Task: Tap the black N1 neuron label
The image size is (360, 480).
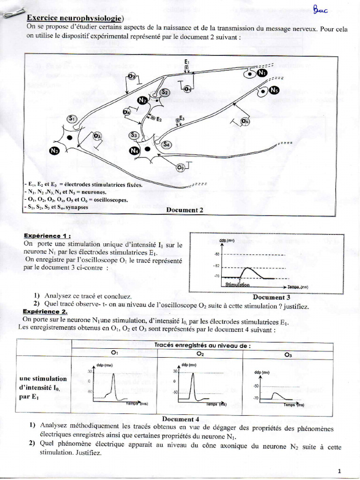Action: point(262,73)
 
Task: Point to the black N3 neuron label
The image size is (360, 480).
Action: point(54,151)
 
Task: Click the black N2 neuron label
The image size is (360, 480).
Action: point(143,100)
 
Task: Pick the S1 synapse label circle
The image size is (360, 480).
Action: point(73,119)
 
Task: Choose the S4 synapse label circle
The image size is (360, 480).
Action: point(166,145)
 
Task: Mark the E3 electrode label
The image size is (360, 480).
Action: point(182,119)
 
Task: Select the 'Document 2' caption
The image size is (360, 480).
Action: point(185,210)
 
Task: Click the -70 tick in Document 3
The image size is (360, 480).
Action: point(217,276)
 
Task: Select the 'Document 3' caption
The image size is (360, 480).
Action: point(271,297)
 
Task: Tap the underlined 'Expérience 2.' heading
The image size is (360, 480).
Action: point(45,312)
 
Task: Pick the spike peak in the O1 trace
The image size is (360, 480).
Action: point(113,374)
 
